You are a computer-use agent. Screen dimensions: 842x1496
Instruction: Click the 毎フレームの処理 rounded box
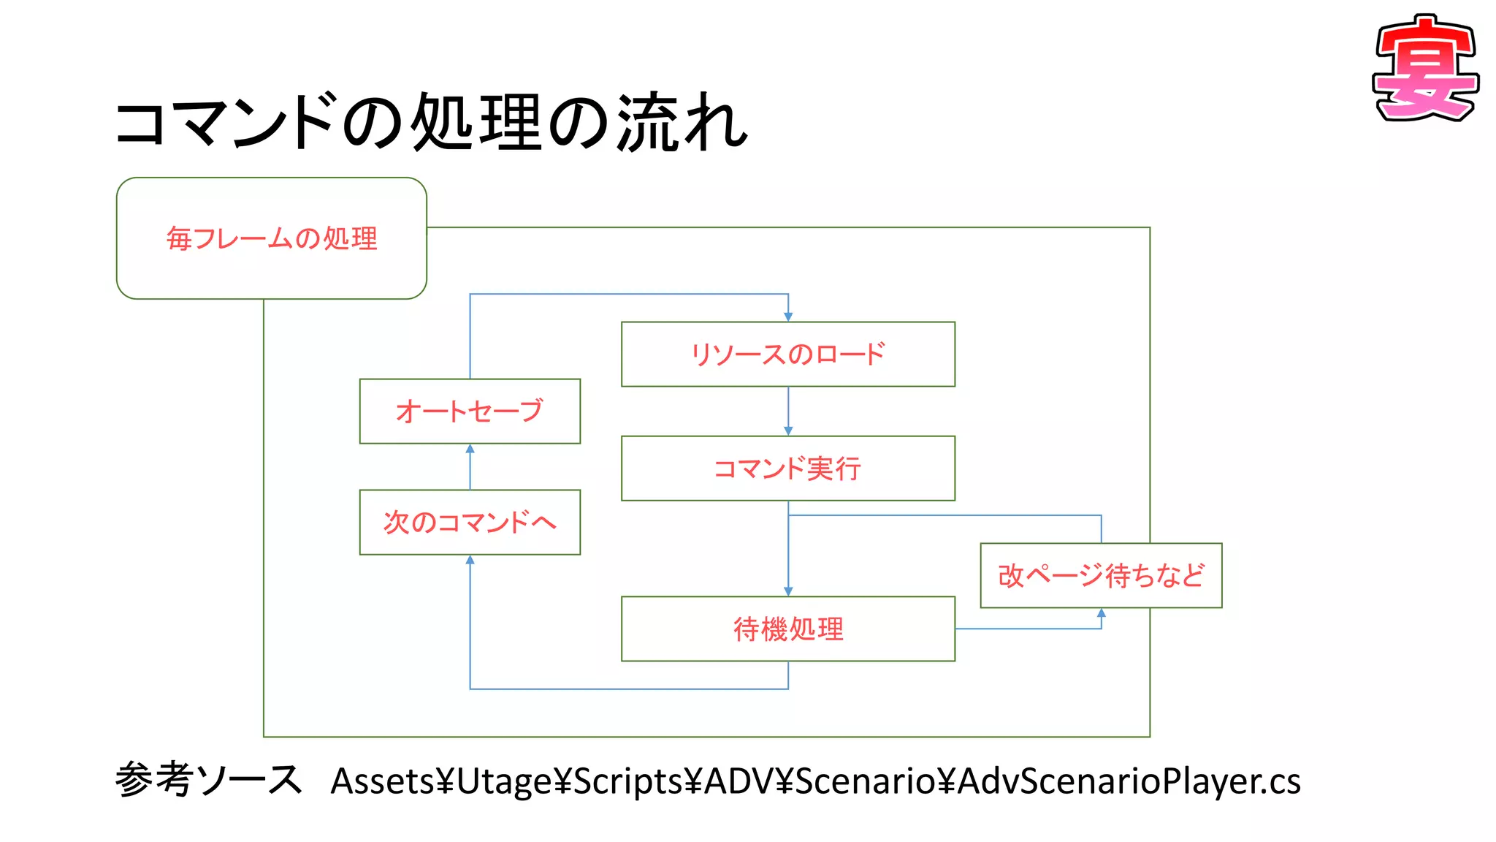click(x=271, y=238)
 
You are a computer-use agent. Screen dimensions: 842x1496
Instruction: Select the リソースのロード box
click(x=787, y=354)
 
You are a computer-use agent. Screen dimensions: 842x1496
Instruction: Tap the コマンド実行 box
click(x=787, y=469)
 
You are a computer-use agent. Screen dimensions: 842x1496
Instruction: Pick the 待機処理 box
click(x=787, y=629)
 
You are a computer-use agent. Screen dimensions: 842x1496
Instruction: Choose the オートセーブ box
click(x=470, y=411)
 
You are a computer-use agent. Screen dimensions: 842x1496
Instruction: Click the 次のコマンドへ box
click(x=470, y=523)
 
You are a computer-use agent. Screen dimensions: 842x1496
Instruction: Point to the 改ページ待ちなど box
click(x=1101, y=576)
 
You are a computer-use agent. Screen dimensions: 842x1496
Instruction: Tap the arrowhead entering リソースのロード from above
click(x=788, y=316)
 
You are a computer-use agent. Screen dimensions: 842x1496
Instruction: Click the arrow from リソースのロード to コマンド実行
click(x=788, y=411)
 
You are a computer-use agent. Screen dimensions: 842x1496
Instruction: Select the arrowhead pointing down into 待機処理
click(x=788, y=591)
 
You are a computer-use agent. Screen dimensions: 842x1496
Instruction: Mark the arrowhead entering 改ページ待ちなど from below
click(x=1102, y=614)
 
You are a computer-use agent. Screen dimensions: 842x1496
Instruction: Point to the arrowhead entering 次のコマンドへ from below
click(x=470, y=561)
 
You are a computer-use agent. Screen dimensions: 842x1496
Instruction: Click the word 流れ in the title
click(x=682, y=123)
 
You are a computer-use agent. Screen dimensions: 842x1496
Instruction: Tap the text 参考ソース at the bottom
click(x=208, y=780)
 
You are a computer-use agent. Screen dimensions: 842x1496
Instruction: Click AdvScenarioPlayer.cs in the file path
click(x=1129, y=781)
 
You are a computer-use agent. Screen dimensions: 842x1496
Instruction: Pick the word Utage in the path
click(x=504, y=781)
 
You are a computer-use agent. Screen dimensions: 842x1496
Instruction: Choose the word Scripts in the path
click(x=628, y=781)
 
